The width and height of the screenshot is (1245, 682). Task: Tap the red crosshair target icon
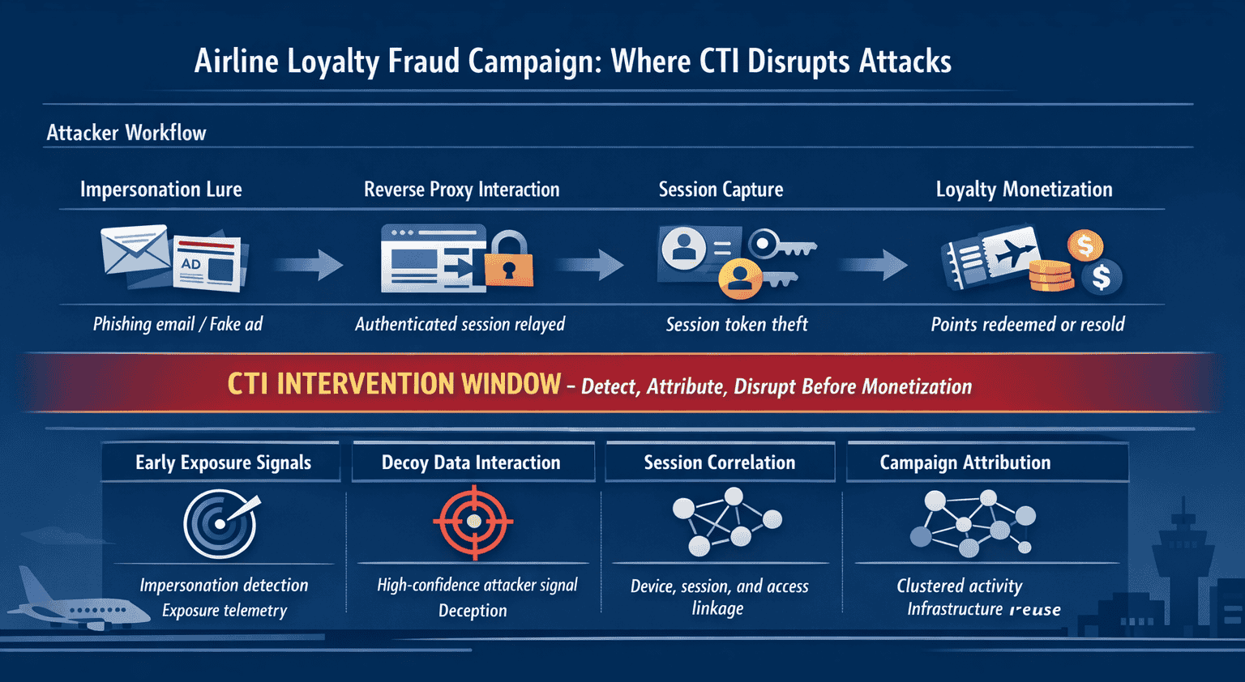474,522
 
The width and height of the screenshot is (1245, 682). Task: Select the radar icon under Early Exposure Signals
220,524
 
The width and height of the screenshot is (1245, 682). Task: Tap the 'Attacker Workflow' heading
126,133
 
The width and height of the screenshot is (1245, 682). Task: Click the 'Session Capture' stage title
721,190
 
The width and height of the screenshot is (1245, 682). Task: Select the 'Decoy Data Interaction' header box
472,462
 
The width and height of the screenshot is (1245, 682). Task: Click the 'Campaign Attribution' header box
965,462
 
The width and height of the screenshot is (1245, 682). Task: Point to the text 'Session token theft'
737,325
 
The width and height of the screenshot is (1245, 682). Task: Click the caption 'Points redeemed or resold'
1027,325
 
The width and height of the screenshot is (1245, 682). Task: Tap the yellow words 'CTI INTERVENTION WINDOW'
394,384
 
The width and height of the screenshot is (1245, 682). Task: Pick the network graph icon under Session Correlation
724,521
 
